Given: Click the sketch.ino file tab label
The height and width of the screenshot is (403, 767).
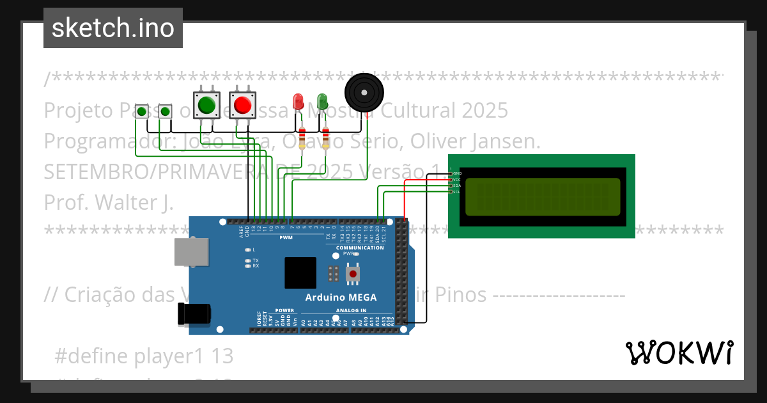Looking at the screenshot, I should (112, 28).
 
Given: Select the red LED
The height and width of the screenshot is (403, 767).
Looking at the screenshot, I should (298, 101).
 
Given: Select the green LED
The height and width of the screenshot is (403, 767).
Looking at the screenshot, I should (322, 101).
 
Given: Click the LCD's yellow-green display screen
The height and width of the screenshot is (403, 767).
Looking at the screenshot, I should (542, 196).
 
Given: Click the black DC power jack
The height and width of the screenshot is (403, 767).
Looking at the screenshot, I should (194, 314).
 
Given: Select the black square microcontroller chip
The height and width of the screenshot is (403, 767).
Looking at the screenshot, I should (300, 273).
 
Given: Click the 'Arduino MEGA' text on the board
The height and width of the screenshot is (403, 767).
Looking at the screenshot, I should (341, 297).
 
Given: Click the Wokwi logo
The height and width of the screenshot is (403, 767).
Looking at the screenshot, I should (679, 352).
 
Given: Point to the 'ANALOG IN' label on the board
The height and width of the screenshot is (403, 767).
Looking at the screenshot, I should (351, 311).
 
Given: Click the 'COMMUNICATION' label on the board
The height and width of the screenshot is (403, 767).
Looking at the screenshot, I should (360, 248).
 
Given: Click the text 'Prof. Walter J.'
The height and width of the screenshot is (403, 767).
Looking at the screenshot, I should (109, 202).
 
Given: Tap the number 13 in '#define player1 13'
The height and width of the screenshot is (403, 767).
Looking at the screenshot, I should (221, 356).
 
